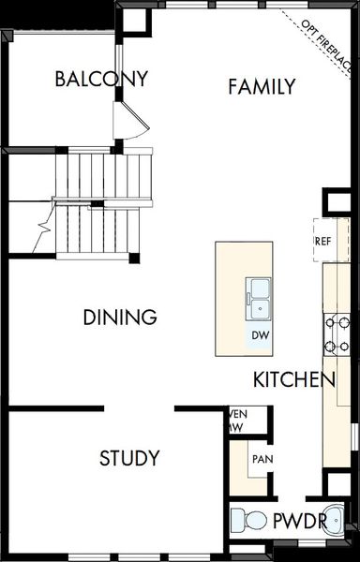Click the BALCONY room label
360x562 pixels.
(101, 79)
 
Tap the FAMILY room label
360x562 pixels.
(262, 87)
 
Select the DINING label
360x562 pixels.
(119, 318)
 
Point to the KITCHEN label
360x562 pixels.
(293, 380)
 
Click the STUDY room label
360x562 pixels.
(129, 458)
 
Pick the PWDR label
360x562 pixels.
(299, 522)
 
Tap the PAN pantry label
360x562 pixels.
(262, 460)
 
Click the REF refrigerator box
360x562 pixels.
(322, 241)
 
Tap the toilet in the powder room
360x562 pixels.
(248, 520)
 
